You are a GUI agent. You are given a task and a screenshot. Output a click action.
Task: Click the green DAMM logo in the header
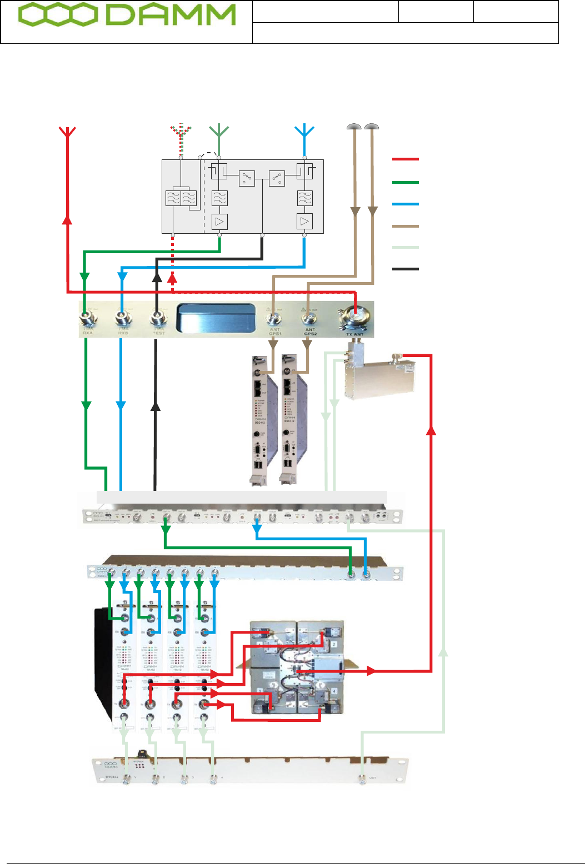[x=127, y=17]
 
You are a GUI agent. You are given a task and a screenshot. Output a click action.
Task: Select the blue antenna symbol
[x=304, y=132]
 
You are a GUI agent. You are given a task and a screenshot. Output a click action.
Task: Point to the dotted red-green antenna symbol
[x=180, y=132]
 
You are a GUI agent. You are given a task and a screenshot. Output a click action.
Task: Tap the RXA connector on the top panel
[x=86, y=319]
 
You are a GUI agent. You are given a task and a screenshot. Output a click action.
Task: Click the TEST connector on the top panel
[x=157, y=319]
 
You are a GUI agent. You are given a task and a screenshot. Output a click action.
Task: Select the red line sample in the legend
[x=405, y=159]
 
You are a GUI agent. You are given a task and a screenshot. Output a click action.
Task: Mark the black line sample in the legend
[x=405, y=269]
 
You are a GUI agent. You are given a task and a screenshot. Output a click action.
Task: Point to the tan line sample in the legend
[x=405, y=227]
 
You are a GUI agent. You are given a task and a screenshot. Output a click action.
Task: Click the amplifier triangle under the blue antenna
[x=304, y=222]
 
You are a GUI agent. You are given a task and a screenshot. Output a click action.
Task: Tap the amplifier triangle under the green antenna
[x=220, y=222]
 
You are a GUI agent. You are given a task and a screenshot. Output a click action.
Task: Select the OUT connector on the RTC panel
[x=362, y=778]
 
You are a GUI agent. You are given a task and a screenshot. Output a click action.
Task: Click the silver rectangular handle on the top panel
[x=216, y=319]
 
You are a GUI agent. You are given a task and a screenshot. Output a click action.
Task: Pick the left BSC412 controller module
[x=263, y=419]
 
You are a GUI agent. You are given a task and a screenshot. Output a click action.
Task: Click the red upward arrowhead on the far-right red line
[x=431, y=430]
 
